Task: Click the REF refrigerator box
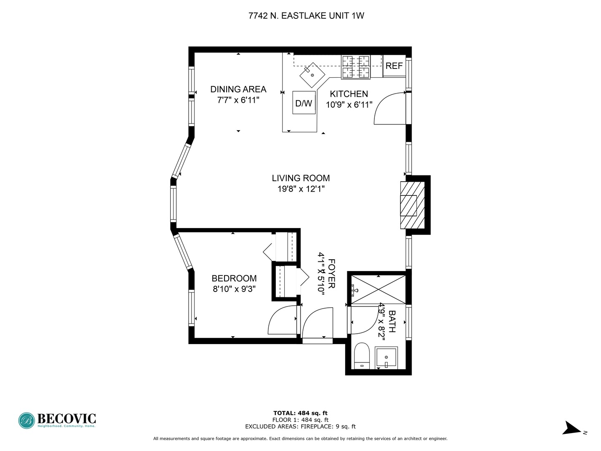pyautogui.click(x=394, y=66)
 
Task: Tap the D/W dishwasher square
pyautogui.click(x=304, y=103)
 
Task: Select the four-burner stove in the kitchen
pyautogui.click(x=356, y=67)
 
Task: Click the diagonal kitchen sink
pyautogui.click(x=312, y=75)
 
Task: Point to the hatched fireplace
pyautogui.click(x=412, y=205)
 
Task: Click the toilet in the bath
pyautogui.click(x=362, y=356)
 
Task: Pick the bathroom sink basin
pyautogui.click(x=386, y=357)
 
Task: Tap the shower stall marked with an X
pyautogui.click(x=378, y=289)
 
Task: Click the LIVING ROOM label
pyautogui.click(x=300, y=178)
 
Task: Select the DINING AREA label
pyautogui.click(x=238, y=89)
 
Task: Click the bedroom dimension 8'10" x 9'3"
pyautogui.click(x=234, y=289)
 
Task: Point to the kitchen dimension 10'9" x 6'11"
pyautogui.click(x=349, y=104)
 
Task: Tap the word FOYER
pyautogui.click(x=331, y=274)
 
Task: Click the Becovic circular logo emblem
pyautogui.click(x=27, y=421)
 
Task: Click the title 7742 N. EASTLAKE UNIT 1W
pyautogui.click(x=306, y=16)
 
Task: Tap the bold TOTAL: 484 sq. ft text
pyautogui.click(x=300, y=413)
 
